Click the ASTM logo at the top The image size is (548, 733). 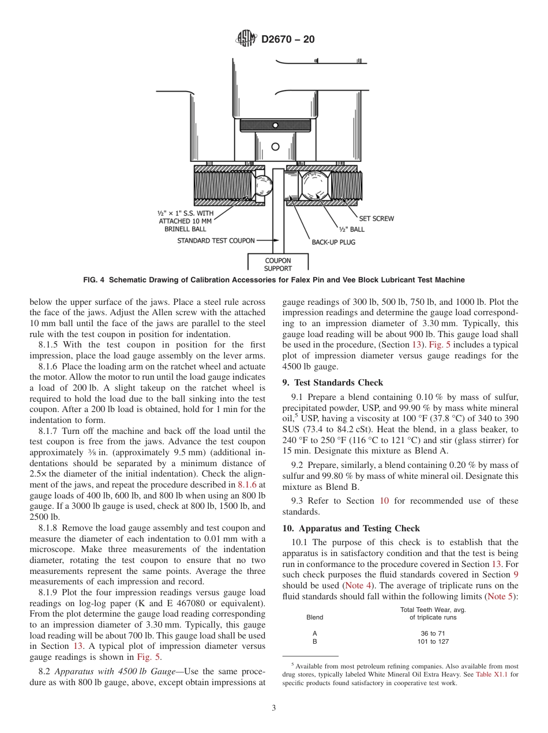click(x=246, y=39)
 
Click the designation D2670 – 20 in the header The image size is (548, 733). click(x=288, y=40)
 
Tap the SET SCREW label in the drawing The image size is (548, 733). click(x=376, y=218)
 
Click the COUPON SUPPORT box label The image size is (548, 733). click(x=277, y=265)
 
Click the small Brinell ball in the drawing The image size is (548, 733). click(x=263, y=185)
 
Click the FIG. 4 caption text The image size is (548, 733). click(x=273, y=280)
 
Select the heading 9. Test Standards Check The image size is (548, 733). click(x=332, y=383)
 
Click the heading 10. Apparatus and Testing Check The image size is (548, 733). click(x=351, y=528)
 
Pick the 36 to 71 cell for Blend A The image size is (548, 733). click(x=433, y=633)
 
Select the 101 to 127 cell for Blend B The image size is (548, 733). click(x=433, y=641)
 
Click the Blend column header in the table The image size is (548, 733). click(x=314, y=617)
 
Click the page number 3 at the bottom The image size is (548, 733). click(x=273, y=708)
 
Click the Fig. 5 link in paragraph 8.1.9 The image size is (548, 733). click(x=149, y=656)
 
